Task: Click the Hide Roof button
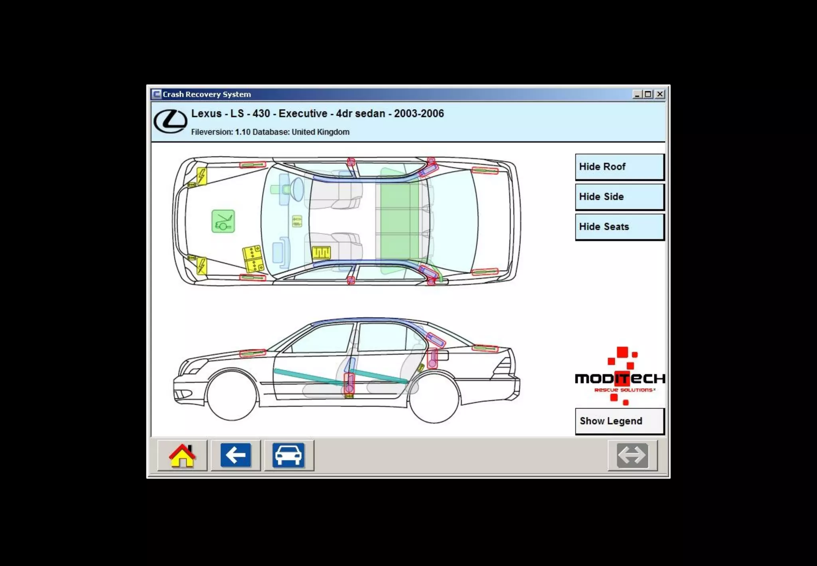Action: tap(619, 167)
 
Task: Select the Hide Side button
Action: tap(619, 197)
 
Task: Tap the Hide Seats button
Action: tap(619, 227)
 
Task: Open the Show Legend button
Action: tap(619, 421)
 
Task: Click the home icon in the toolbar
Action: tap(182, 455)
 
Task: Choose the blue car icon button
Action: tap(288, 455)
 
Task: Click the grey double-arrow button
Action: tap(632, 455)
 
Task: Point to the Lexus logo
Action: tap(170, 121)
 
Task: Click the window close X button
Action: tap(660, 94)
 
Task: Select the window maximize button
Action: tap(648, 94)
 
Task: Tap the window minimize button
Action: tap(637, 94)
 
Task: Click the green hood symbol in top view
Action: tap(223, 221)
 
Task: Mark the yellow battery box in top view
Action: tap(253, 259)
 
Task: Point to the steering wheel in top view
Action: tap(297, 189)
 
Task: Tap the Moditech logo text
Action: tap(620, 378)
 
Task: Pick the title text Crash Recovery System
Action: tap(207, 95)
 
